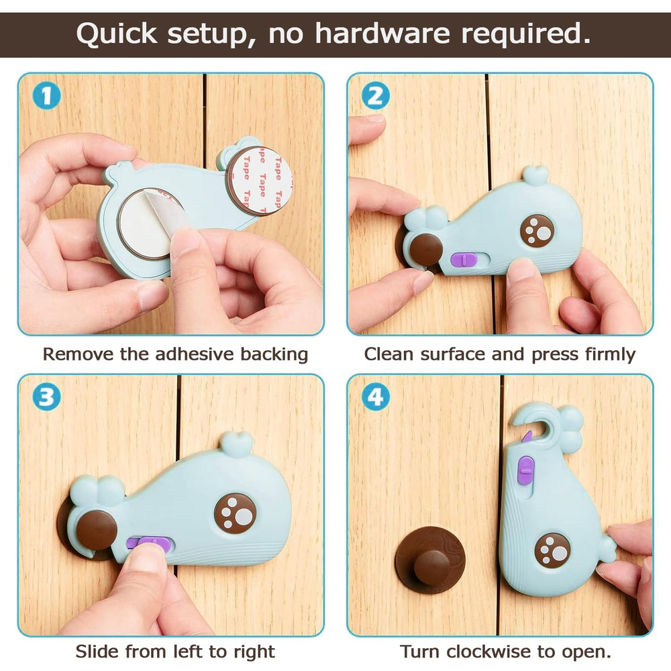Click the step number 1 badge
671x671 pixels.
46,95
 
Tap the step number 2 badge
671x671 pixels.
375,95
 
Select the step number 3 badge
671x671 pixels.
46,397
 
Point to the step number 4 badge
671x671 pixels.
375,397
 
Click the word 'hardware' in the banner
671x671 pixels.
382,33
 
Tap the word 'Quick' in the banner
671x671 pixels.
117,33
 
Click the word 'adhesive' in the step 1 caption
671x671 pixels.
195,354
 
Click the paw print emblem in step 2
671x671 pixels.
537,230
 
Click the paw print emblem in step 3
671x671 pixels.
236,513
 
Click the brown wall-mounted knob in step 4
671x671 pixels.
430,560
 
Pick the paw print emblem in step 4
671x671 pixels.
552,550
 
